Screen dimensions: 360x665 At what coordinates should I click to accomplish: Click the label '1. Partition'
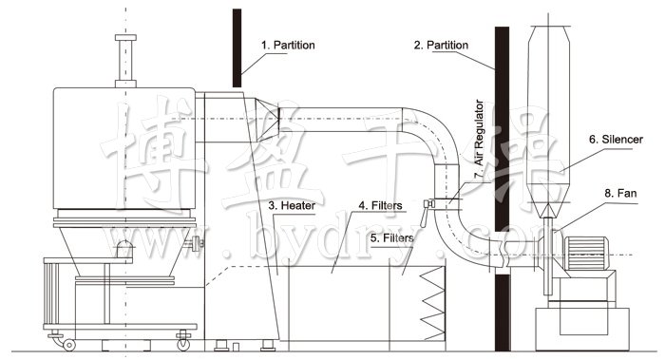click(x=289, y=45)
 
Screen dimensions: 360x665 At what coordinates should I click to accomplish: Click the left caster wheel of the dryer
click(x=57, y=336)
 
